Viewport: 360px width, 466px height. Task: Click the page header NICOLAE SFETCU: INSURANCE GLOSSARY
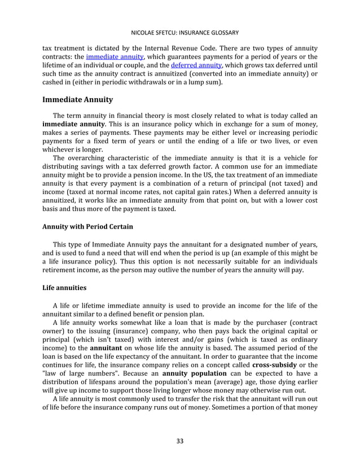pos(180,33)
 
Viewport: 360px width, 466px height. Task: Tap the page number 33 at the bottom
pos(180,441)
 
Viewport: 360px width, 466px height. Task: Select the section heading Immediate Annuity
pos(78,100)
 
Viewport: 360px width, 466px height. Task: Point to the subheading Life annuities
pos(65,287)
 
